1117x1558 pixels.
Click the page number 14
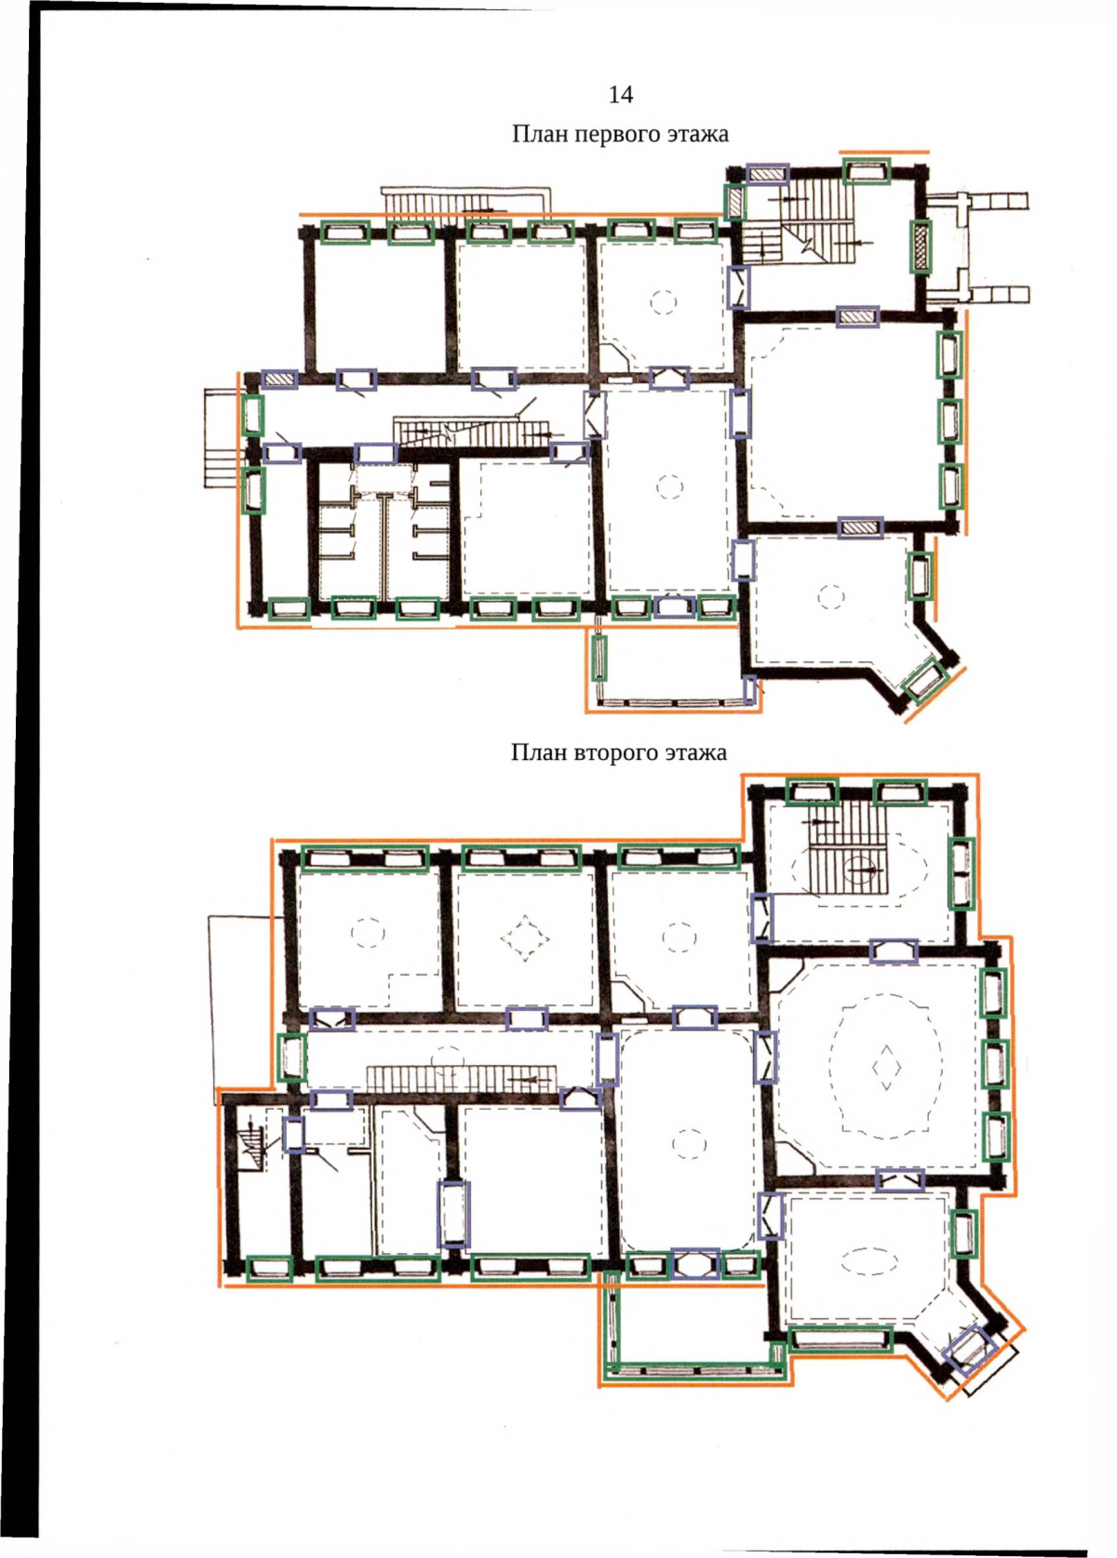[621, 94]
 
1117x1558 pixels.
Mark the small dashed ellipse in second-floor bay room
[869, 1258]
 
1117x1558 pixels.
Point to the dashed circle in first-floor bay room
[830, 597]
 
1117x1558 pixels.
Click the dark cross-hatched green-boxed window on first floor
[920, 246]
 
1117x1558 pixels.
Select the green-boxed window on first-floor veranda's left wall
[599, 657]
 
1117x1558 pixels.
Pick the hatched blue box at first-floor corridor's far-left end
[280, 380]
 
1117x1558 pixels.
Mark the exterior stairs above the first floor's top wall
[464, 201]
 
